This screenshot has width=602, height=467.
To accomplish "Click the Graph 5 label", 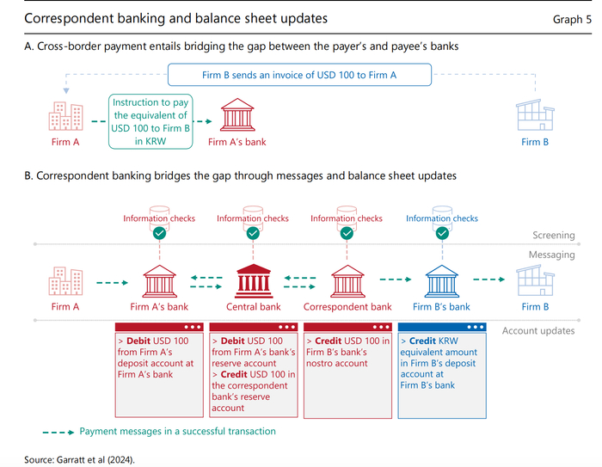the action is coord(572,19).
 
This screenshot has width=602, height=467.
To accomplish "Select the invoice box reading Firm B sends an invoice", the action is coord(299,75).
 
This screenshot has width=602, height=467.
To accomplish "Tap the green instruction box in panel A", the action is coord(150,121).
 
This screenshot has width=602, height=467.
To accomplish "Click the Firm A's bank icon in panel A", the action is coord(237,115).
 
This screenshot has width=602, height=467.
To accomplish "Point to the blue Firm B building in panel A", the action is coord(535,115).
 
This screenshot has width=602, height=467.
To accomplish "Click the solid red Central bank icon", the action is coord(254,281).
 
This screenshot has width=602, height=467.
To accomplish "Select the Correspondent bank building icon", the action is coord(347,281).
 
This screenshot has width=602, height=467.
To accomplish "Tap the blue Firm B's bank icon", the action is coord(441,281).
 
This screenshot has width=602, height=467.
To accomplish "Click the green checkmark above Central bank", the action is coord(253,233).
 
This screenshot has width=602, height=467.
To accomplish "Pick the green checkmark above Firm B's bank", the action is coord(442,233).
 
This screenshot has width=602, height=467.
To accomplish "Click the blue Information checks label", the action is coord(442,218).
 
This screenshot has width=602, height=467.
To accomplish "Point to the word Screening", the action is coord(553,235).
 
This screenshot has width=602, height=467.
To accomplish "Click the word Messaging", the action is coord(552,255).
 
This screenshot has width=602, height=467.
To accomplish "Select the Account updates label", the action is coord(538,330).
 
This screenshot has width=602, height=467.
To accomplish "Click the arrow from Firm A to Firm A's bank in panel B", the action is coord(112,283).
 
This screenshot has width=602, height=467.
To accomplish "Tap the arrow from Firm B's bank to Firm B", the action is coord(489,280).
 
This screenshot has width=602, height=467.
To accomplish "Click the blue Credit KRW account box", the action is coord(442,371).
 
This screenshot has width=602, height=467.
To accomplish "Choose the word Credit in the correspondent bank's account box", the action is coord(328,341).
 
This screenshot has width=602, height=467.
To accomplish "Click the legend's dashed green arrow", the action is coord(58,433).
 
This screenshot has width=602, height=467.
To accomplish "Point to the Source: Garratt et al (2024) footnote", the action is coord(79,460).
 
